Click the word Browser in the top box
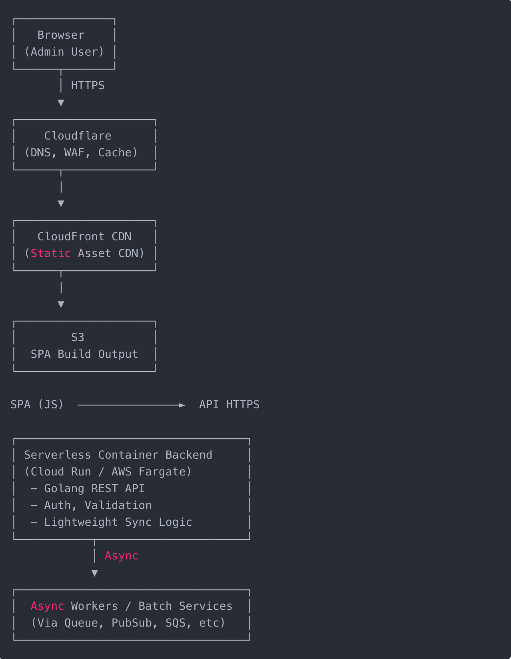(x=61, y=35)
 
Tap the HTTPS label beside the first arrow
(x=88, y=86)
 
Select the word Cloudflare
(x=78, y=136)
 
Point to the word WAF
(x=74, y=153)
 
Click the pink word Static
(x=51, y=254)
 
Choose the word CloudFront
(x=71, y=237)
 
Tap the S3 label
(x=78, y=337)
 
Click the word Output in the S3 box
(x=118, y=354)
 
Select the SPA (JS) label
(x=37, y=405)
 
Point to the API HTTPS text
(x=229, y=405)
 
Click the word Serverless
(x=57, y=455)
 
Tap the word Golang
(x=64, y=489)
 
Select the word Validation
(x=118, y=505)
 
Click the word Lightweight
(x=81, y=522)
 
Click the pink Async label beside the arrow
(x=121, y=556)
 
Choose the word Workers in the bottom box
(x=94, y=606)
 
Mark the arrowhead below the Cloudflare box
(x=61, y=204)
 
